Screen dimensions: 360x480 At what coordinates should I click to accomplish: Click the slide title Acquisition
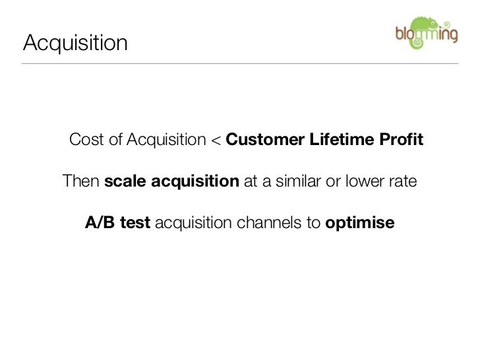pyautogui.click(x=75, y=43)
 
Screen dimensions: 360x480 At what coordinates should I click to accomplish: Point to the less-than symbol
pyautogui.click(x=216, y=140)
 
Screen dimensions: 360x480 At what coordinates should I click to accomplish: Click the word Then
pyautogui.click(x=80, y=181)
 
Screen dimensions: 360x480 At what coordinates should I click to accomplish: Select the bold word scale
pyautogui.click(x=126, y=181)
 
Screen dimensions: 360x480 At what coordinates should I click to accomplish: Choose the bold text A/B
pyautogui.click(x=100, y=223)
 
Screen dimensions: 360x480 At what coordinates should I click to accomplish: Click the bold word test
pyautogui.click(x=136, y=223)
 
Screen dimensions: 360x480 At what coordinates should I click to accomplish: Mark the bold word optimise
pyautogui.click(x=360, y=224)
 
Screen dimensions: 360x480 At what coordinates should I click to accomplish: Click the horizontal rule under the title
pyautogui.click(x=240, y=63)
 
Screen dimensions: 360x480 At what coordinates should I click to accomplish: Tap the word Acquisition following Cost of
pyautogui.click(x=167, y=140)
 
